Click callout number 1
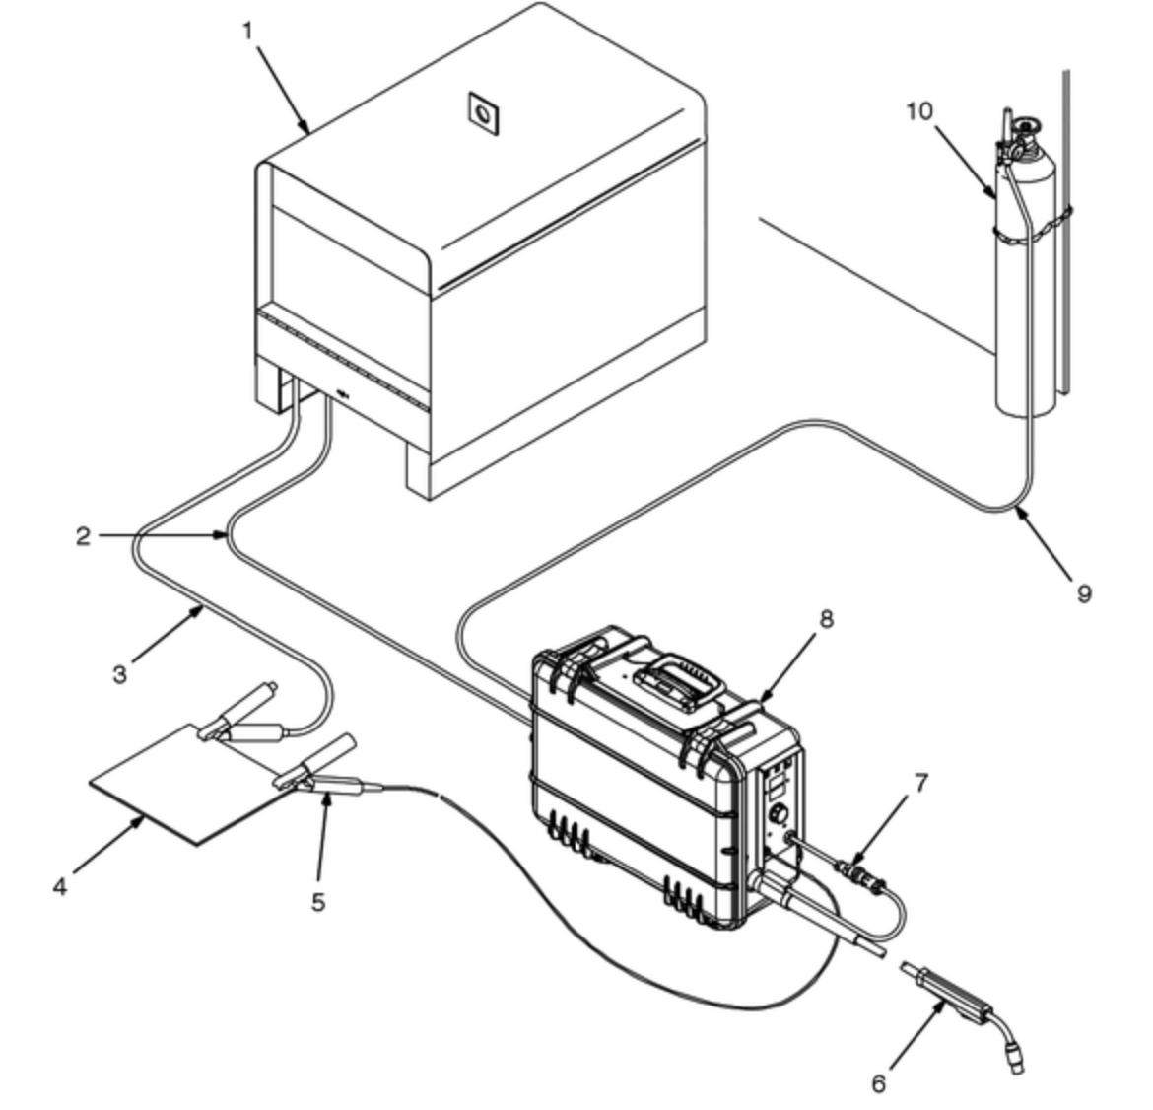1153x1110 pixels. (x=247, y=32)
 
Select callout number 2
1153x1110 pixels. (x=83, y=535)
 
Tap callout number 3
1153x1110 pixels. (x=120, y=674)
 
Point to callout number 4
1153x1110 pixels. (x=60, y=886)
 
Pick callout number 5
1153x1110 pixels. (x=317, y=902)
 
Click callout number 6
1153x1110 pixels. (x=879, y=1082)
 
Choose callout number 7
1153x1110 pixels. (x=921, y=784)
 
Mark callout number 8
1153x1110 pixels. (x=826, y=619)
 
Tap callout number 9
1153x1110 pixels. (x=1084, y=592)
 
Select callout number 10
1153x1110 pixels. (x=919, y=111)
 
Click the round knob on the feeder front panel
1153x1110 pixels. (x=779, y=815)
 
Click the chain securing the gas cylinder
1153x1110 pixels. (x=1033, y=228)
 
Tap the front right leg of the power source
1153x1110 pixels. (x=419, y=471)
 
